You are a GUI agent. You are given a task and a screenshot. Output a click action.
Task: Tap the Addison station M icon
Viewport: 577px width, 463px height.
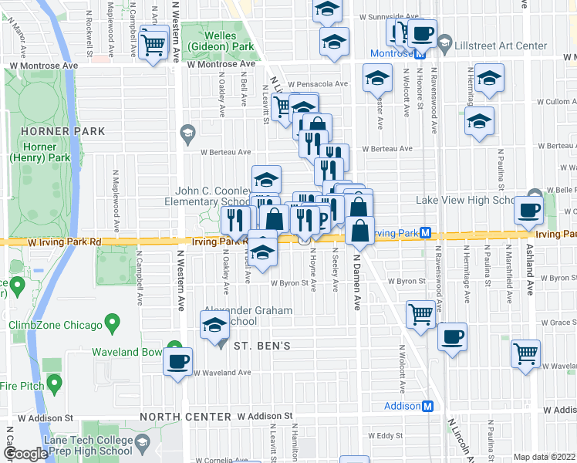tap(428, 406)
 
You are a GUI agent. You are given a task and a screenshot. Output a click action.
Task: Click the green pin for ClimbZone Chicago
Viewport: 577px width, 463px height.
tap(113, 320)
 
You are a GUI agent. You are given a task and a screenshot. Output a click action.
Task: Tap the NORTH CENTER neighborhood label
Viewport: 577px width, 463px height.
tap(187, 417)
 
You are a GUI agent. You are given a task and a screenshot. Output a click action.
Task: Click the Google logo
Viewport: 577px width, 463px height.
tap(25, 454)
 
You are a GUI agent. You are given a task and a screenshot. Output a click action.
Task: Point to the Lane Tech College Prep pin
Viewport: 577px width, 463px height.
tap(143, 441)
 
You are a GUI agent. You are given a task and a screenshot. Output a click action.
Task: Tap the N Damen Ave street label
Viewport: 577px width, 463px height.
tap(357, 289)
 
